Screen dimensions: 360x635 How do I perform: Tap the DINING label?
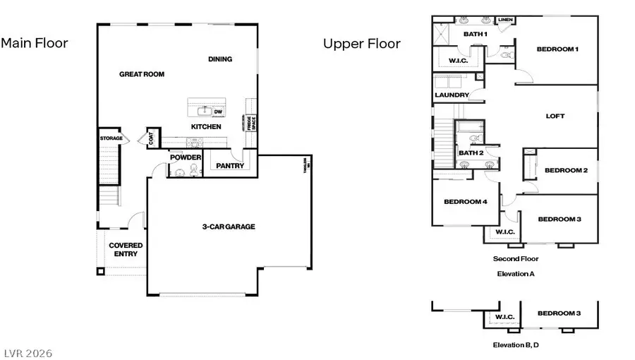pyautogui.click(x=220, y=59)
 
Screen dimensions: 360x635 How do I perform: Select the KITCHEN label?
pyautogui.click(x=206, y=127)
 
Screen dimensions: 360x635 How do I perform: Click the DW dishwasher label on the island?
pyautogui.click(x=219, y=111)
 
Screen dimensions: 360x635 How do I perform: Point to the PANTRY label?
pyautogui.click(x=230, y=167)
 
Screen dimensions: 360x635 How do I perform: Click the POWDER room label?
pyautogui.click(x=186, y=157)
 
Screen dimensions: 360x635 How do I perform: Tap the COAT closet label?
pyautogui.click(x=151, y=138)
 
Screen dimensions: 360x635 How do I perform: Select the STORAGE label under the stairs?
pyautogui.click(x=111, y=138)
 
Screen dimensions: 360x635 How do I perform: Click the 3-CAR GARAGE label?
pyautogui.click(x=228, y=227)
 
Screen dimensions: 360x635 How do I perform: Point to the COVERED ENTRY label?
pyautogui.click(x=126, y=250)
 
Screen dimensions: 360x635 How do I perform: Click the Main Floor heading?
pyautogui.click(x=35, y=43)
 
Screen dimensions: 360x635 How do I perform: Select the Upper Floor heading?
pyautogui.click(x=361, y=44)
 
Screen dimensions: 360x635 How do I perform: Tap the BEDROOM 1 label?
pyautogui.click(x=557, y=49)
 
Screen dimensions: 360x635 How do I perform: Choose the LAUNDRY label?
pyautogui.click(x=452, y=95)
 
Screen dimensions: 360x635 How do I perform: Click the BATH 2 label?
pyautogui.click(x=471, y=152)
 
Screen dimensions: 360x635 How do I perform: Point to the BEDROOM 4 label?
pyautogui.click(x=465, y=202)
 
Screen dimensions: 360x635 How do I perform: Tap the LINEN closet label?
pyautogui.click(x=505, y=20)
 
